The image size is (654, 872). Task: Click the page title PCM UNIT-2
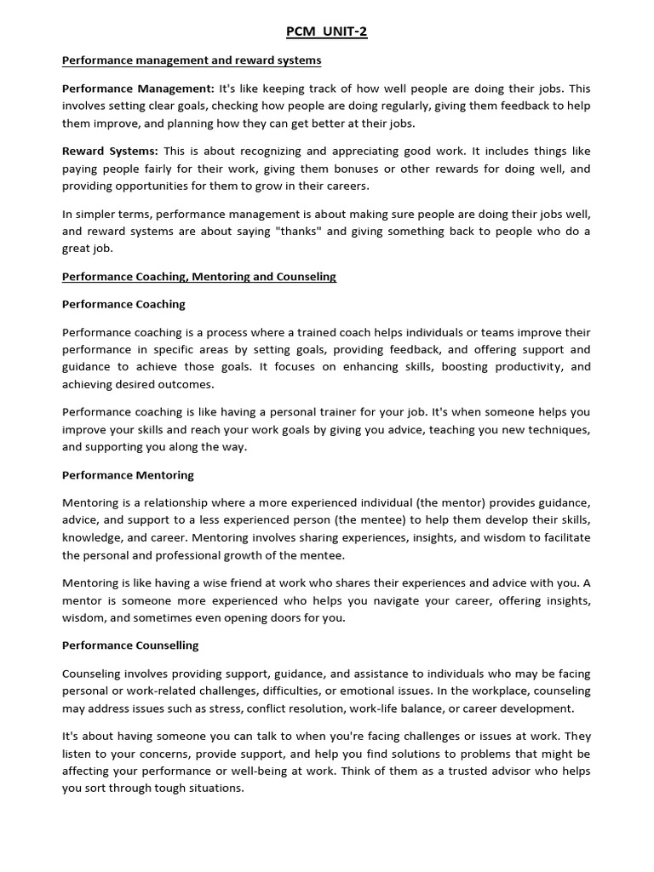(x=326, y=32)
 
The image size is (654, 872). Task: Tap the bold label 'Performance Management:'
(x=139, y=89)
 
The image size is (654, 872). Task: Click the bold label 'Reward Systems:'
(x=110, y=151)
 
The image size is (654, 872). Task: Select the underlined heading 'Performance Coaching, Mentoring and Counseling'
(x=199, y=277)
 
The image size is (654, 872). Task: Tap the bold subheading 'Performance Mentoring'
(x=128, y=474)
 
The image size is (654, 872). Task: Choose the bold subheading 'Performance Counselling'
(x=130, y=645)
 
